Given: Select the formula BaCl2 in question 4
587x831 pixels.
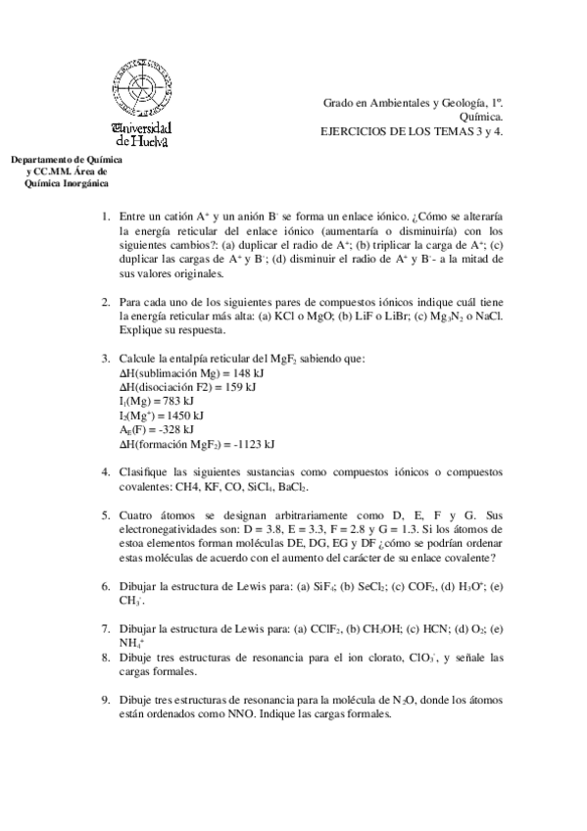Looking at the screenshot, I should click(291, 485).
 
